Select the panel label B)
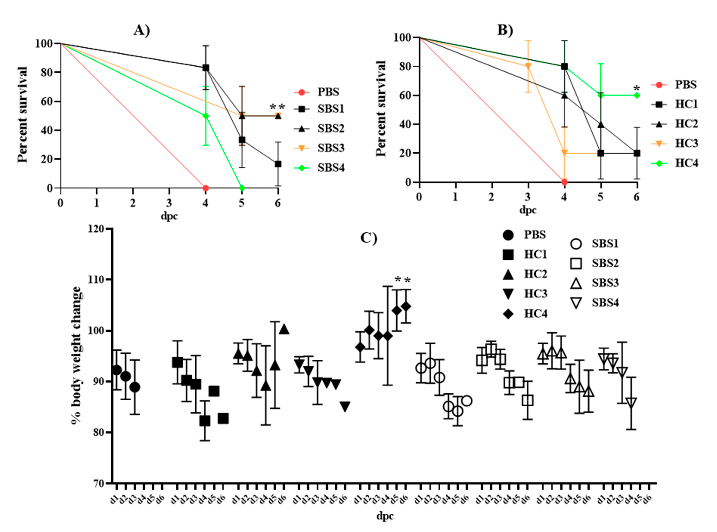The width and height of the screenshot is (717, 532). tap(505, 30)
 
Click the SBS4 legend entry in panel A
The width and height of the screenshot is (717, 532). tap(319, 168)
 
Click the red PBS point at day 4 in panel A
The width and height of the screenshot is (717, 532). tap(205, 188)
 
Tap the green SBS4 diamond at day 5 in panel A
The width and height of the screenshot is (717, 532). tap(242, 188)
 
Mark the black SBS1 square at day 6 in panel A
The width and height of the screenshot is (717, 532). tap(278, 164)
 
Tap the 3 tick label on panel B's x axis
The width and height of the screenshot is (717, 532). tap(527, 197)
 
